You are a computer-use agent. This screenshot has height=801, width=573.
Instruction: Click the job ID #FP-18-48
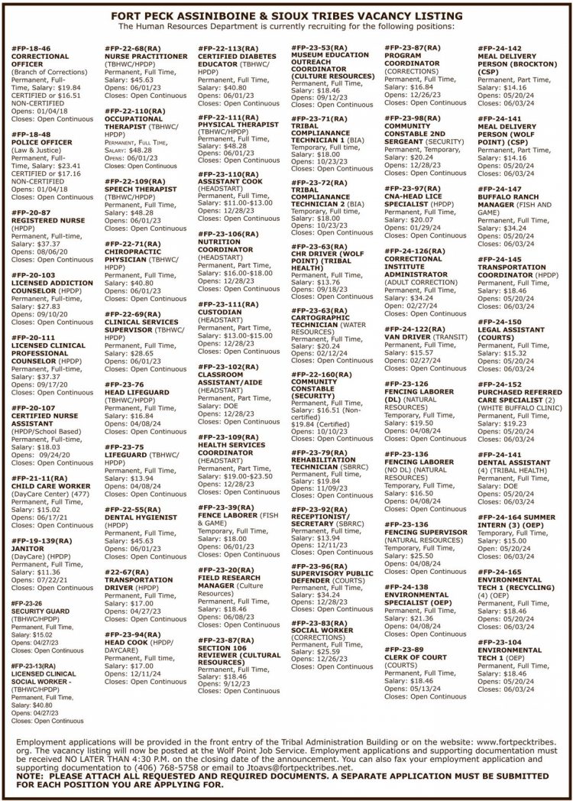coord(31,134)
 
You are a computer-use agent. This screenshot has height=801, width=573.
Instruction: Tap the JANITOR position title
coord(28,547)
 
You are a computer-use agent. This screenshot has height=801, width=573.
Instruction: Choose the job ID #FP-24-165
coord(500,570)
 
